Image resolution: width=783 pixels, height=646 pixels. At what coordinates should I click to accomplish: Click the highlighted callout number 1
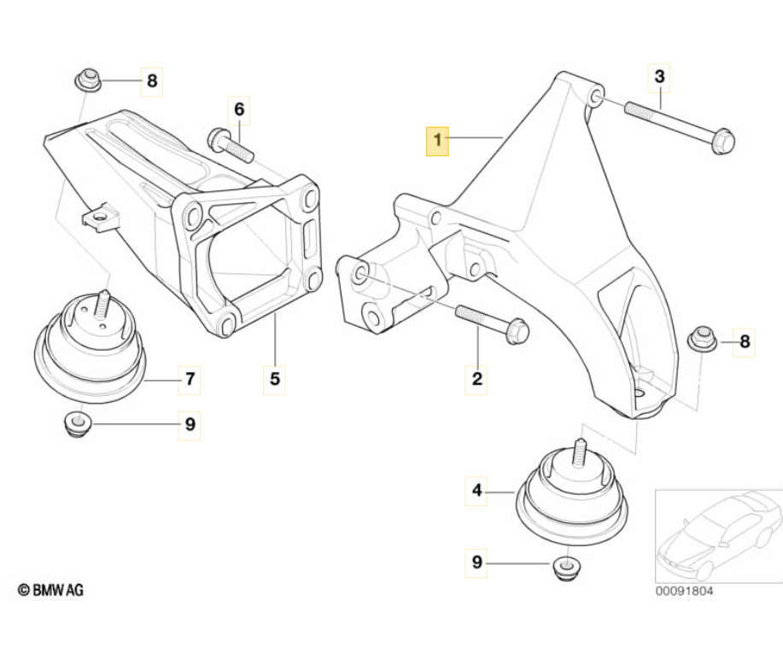click(x=437, y=138)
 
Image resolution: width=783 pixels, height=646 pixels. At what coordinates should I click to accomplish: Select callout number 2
click(x=477, y=378)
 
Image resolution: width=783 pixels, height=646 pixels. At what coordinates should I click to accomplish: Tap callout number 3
click(x=659, y=78)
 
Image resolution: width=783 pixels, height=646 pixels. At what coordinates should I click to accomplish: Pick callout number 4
click(x=477, y=491)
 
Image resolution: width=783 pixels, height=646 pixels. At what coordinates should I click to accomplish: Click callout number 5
click(x=275, y=378)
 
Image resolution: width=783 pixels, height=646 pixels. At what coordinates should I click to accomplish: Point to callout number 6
click(x=239, y=109)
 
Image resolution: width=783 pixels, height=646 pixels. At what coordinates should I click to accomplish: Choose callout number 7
click(x=190, y=378)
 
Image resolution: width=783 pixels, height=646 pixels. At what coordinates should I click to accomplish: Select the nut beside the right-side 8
click(x=703, y=340)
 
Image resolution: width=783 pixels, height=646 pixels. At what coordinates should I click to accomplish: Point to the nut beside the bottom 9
click(x=564, y=567)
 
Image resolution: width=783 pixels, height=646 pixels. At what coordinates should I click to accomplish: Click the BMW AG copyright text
click(x=51, y=589)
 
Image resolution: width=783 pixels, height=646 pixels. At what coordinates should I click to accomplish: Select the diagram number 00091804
click(x=684, y=590)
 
